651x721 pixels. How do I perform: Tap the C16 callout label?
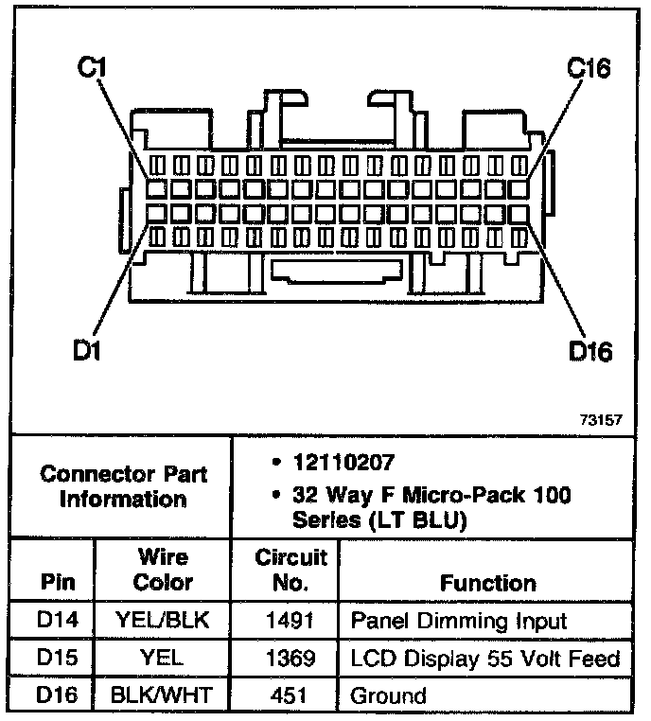tap(588, 68)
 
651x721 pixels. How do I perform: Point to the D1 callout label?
tap(90, 351)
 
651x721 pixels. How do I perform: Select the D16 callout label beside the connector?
tap(590, 351)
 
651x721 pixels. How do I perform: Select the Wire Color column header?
tap(163, 570)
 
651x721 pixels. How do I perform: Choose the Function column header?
tap(487, 583)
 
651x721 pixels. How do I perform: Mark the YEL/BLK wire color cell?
tap(163, 621)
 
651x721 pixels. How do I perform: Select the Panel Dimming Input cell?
tap(459, 621)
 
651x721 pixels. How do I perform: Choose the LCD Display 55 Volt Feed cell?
tap(484, 659)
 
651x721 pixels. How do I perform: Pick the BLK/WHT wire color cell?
tap(163, 696)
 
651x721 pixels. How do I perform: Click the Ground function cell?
tap(388, 696)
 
